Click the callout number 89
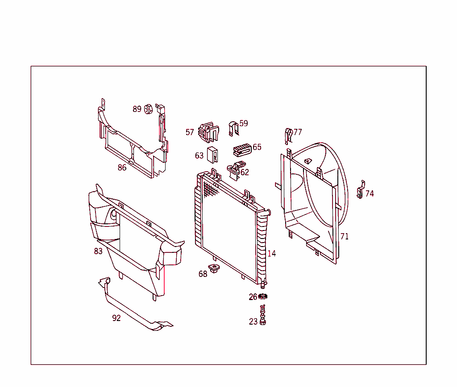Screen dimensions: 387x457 (x=137, y=109)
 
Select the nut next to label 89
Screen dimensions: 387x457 (x=149, y=109)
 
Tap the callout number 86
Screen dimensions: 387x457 (x=122, y=168)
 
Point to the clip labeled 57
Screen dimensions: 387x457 (x=208, y=132)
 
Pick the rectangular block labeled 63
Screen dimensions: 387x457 (x=212, y=155)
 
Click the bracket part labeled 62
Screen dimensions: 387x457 (x=235, y=169)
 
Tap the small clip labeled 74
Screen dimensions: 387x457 (x=361, y=190)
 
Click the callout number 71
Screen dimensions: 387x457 (x=345, y=236)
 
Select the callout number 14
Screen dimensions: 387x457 (x=271, y=254)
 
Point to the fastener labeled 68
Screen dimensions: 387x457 (x=215, y=269)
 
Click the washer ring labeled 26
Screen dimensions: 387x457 (x=263, y=297)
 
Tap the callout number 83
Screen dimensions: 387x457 (x=98, y=251)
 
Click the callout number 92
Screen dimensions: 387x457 (x=116, y=318)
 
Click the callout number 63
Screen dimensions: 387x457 (x=199, y=156)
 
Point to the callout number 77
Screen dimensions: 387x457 (x=298, y=132)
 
